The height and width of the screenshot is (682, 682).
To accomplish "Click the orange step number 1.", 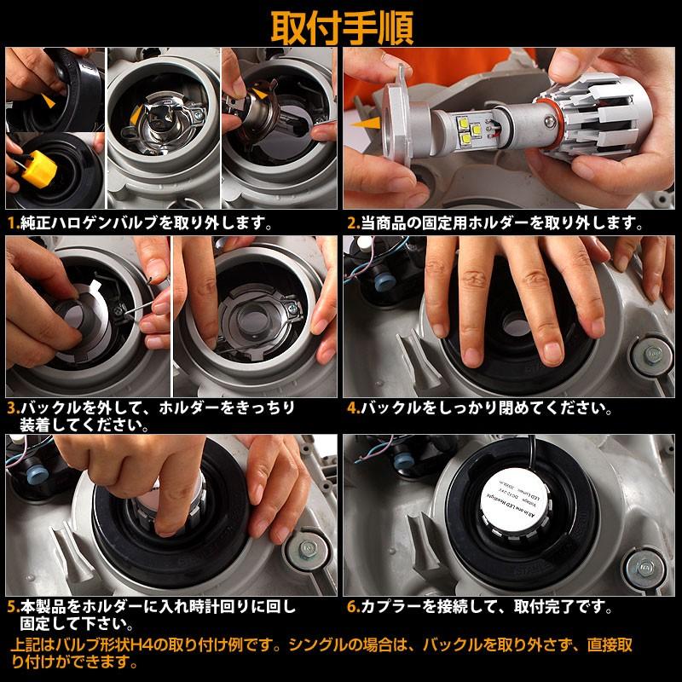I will [12, 223].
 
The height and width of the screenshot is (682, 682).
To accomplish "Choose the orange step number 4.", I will [351, 407].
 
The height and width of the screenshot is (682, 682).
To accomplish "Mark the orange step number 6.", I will [351, 608].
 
